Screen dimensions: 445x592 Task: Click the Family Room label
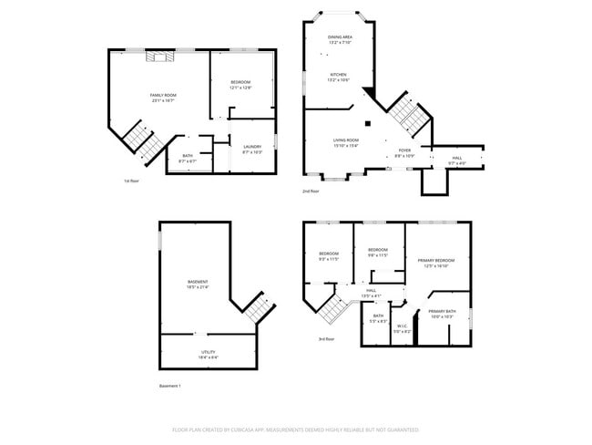[x=163, y=98]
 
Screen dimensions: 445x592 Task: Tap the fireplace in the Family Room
[x=160, y=57]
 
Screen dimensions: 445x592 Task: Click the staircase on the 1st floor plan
[x=142, y=140]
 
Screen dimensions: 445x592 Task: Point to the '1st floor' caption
[x=131, y=181]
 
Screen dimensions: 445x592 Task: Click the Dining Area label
[x=341, y=39]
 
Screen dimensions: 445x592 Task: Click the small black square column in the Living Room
[x=369, y=123]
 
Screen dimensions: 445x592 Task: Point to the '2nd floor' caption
[x=311, y=191]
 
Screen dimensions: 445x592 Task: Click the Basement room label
[x=198, y=284]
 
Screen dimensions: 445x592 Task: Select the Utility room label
[x=209, y=354]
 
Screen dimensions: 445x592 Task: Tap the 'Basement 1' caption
[x=170, y=387]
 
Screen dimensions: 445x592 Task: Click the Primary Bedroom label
[x=439, y=263]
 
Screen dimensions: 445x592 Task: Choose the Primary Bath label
[x=442, y=314]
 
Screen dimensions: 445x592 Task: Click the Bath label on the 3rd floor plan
[x=377, y=318]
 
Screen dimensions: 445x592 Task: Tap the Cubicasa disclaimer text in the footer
[x=295, y=429]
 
